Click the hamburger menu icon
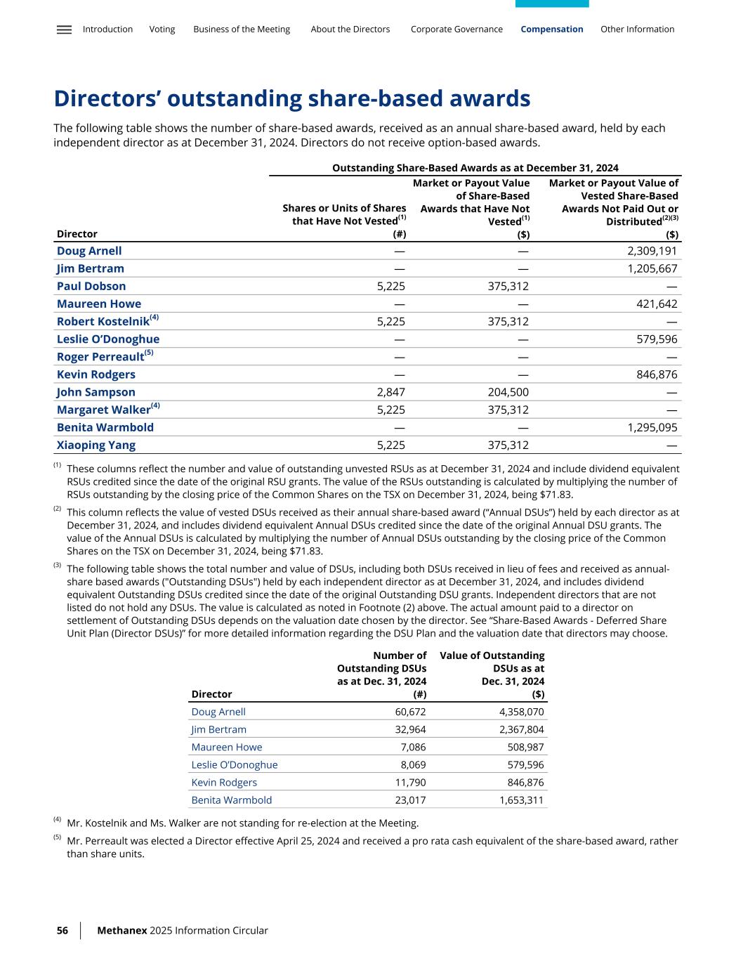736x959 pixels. click(64, 30)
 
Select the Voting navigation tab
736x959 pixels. click(162, 30)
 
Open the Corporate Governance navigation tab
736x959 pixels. click(456, 30)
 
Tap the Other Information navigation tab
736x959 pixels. click(637, 30)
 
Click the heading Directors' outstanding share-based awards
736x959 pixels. click(292, 98)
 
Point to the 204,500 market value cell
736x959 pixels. click(508, 392)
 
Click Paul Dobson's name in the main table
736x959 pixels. click(91, 286)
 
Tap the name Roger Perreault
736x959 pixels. click(100, 357)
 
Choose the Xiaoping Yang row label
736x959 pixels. click(96, 445)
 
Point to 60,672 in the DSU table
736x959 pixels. click(411, 712)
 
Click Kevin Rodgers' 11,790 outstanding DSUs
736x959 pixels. click(411, 782)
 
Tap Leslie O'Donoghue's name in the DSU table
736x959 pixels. click(235, 764)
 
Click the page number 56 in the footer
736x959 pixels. click(63, 930)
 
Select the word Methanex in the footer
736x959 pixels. click(122, 930)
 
